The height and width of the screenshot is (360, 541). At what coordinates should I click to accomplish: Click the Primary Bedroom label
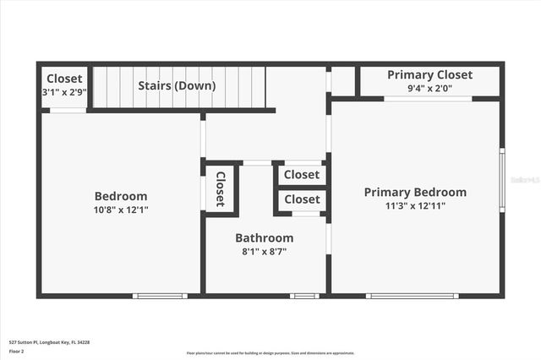[x=415, y=192]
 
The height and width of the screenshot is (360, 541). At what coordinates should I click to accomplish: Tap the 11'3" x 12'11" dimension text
[x=415, y=205]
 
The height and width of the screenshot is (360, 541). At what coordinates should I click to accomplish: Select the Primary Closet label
[x=429, y=74]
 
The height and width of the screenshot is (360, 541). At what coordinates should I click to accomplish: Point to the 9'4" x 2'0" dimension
[x=429, y=88]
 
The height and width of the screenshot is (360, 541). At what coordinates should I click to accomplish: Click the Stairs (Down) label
[x=178, y=85]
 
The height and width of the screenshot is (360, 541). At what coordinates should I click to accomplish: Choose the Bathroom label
[x=265, y=237]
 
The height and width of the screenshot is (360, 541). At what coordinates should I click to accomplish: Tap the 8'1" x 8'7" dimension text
[x=265, y=251]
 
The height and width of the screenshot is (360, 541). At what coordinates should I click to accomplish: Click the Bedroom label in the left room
[x=121, y=195]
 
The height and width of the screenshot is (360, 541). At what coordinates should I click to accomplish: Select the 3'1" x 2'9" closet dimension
[x=64, y=92]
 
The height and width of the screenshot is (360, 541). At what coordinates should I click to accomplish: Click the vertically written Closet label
[x=221, y=188]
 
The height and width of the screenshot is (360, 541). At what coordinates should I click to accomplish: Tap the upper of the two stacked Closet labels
[x=302, y=175]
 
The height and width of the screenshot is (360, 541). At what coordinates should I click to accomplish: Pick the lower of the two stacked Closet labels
[x=302, y=199]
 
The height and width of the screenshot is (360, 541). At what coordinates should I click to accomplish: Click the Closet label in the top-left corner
[x=64, y=79]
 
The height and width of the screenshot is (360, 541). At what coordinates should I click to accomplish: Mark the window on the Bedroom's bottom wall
[x=159, y=296]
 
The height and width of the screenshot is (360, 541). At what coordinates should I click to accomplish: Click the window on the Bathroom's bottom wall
[x=303, y=296]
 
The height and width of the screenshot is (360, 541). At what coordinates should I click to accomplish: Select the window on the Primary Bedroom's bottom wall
[x=413, y=296]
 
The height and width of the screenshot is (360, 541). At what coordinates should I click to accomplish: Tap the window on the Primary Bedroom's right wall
[x=502, y=180]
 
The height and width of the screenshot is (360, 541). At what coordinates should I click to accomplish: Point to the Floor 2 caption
[x=17, y=351]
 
